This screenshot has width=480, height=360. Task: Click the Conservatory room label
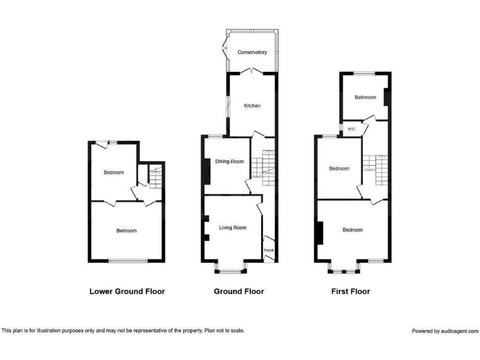[252, 52]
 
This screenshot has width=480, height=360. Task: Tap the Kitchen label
[252, 106]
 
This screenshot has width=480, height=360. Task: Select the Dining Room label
[229, 162]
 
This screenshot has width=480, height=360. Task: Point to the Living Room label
[232, 227]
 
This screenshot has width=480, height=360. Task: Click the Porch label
[269, 250]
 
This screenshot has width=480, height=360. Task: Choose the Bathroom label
[366, 97]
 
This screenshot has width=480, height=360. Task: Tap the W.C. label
[351, 129]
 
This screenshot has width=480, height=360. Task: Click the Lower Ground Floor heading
[127, 291]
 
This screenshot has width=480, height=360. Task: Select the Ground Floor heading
[239, 291]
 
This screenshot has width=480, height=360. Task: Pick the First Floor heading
[350, 291]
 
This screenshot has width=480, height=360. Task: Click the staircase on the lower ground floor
[156, 175]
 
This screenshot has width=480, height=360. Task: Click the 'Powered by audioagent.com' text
[445, 331]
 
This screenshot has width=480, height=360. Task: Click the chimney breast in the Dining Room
[205, 171]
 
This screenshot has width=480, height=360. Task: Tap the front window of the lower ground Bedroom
[129, 261]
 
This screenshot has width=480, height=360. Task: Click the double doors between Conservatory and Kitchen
[252, 72]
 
